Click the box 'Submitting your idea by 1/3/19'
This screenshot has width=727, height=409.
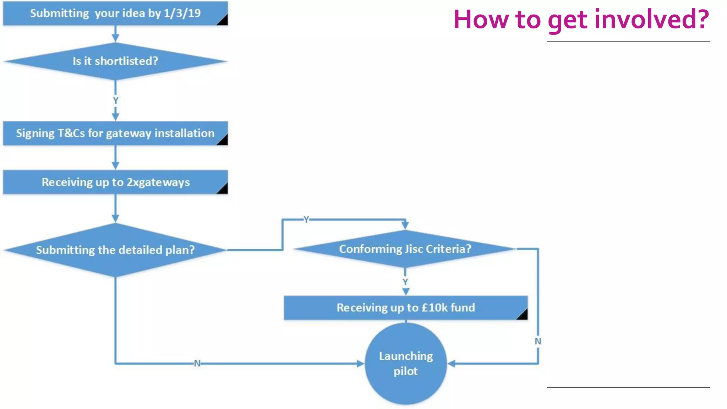click(x=115, y=13)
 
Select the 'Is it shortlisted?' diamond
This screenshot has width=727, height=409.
click(x=115, y=61)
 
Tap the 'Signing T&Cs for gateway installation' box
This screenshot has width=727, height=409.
click(x=115, y=133)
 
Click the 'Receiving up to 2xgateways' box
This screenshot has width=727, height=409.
click(x=115, y=182)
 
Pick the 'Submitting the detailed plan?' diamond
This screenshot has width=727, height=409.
click(x=115, y=250)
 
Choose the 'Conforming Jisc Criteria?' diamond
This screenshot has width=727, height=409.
click(x=405, y=249)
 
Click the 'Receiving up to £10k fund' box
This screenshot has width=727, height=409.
click(x=405, y=307)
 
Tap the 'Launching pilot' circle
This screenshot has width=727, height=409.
click(x=405, y=363)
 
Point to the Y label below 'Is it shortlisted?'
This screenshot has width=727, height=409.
click(x=115, y=101)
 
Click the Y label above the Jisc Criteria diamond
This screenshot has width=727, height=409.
click(x=306, y=219)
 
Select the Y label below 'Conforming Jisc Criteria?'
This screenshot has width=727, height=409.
click(x=405, y=282)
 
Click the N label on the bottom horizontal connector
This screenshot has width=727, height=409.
click(x=197, y=364)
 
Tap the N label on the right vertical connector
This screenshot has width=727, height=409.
click(x=538, y=342)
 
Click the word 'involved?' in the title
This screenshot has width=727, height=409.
click(x=652, y=19)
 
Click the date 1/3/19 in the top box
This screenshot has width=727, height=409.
click(x=182, y=13)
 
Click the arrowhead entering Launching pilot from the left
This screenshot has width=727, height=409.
click(x=360, y=364)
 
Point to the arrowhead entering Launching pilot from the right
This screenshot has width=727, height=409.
click(x=452, y=364)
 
